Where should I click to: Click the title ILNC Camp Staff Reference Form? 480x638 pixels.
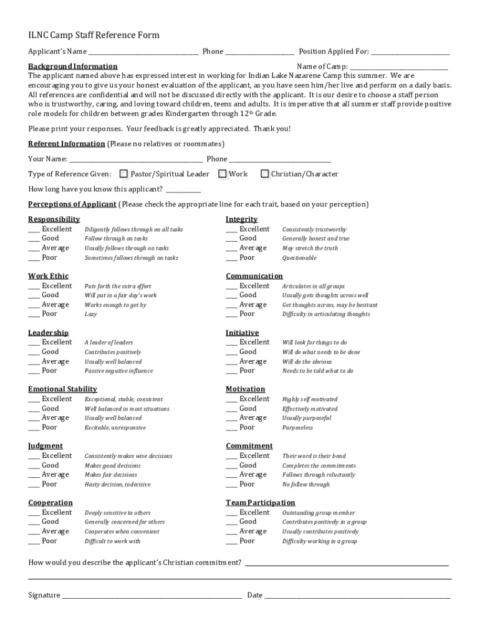click(94, 36)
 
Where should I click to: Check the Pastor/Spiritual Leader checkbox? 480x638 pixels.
click(123, 174)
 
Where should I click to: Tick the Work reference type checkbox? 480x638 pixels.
click(222, 174)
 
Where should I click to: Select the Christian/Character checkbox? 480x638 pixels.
click(264, 174)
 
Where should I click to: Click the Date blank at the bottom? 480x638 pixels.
click(357, 596)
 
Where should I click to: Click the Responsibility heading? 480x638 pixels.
click(54, 219)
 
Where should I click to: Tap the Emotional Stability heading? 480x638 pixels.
click(62, 389)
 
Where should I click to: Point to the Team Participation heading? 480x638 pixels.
click(260, 503)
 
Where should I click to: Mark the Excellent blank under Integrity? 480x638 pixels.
click(231, 230)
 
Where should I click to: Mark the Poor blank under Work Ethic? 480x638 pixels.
click(34, 315)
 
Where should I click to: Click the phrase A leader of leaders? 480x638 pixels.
click(108, 343)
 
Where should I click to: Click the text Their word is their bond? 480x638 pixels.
click(314, 456)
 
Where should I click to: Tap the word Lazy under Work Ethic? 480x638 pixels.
click(90, 315)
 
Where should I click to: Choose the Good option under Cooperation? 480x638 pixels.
click(34, 522)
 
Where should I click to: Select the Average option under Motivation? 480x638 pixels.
click(232, 418)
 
